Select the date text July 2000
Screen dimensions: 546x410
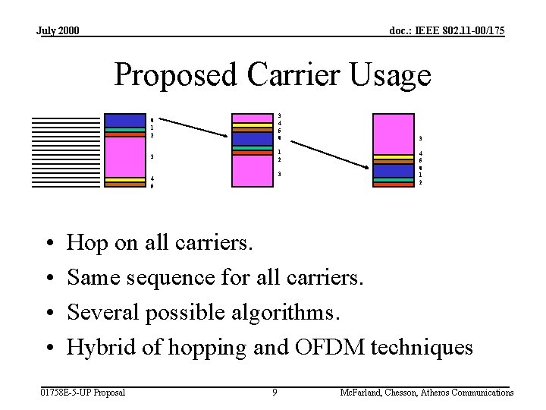(x=58, y=31)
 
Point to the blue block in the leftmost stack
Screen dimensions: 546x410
(x=124, y=120)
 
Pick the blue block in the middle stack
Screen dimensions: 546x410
(x=252, y=139)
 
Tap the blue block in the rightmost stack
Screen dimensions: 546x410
(x=393, y=170)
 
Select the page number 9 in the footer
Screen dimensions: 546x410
(x=275, y=393)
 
